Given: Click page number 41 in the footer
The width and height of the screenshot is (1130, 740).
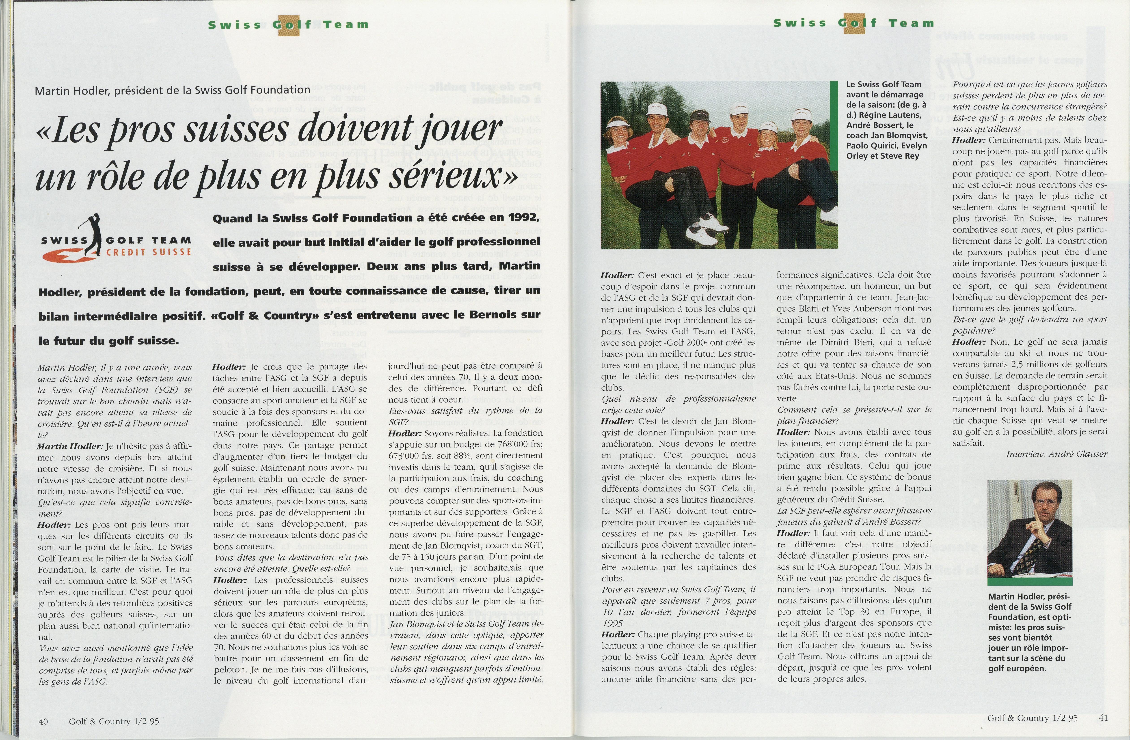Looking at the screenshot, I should [1103, 718].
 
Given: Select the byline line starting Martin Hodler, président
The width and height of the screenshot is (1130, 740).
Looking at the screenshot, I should [172, 90].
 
